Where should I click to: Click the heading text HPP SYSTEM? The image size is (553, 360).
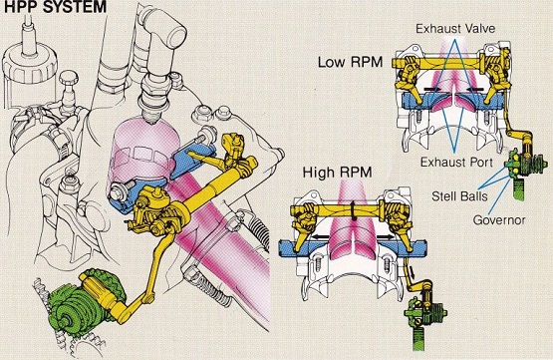(55, 6)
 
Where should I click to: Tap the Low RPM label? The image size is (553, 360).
(350, 62)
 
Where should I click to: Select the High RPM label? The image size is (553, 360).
(338, 173)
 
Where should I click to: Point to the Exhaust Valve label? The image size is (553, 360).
(455, 29)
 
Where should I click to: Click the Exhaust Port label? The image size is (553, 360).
(456, 163)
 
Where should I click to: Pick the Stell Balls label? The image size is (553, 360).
(459, 195)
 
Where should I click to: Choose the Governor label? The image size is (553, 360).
(499, 220)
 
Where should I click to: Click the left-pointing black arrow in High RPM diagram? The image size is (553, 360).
(320, 236)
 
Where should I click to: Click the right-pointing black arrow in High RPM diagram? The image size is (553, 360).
(382, 236)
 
